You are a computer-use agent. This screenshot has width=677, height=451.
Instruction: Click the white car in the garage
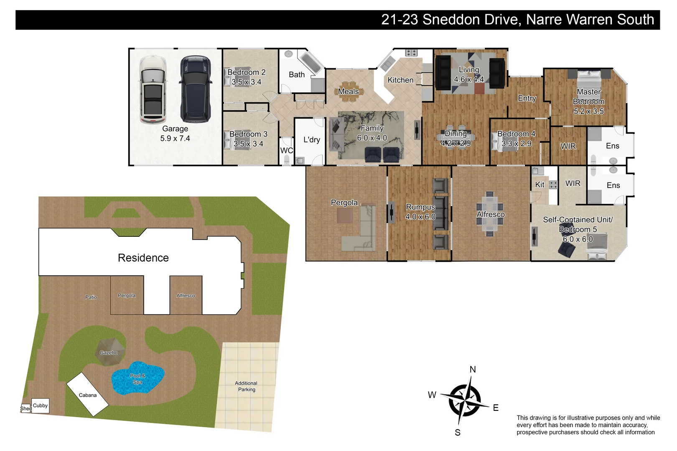tap(153, 90)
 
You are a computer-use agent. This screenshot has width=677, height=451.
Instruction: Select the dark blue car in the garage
tap(195, 89)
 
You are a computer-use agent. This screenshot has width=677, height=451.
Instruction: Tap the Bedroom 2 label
tap(246, 72)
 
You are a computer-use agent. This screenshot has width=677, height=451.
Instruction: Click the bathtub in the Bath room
tap(311, 63)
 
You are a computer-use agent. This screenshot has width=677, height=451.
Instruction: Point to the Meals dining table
tap(348, 91)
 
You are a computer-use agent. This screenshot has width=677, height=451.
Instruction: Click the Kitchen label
tap(400, 80)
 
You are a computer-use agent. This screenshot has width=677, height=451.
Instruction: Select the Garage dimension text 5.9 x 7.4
tap(175, 138)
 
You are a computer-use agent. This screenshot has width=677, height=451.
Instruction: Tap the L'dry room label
tap(311, 139)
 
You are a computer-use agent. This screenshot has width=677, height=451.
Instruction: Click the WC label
tap(286, 150)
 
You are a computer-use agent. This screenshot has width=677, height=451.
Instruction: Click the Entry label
tap(527, 98)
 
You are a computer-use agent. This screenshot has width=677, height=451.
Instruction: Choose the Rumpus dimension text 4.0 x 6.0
tap(420, 217)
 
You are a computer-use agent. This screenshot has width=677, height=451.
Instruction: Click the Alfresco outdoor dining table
tap(489, 214)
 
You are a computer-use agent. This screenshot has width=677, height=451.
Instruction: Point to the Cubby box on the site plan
tap(40, 405)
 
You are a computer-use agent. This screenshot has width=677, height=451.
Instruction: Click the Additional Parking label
tap(246, 386)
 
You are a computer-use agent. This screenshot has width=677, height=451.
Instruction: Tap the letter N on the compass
tap(473, 369)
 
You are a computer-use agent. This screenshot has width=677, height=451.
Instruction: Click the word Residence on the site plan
tap(143, 258)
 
